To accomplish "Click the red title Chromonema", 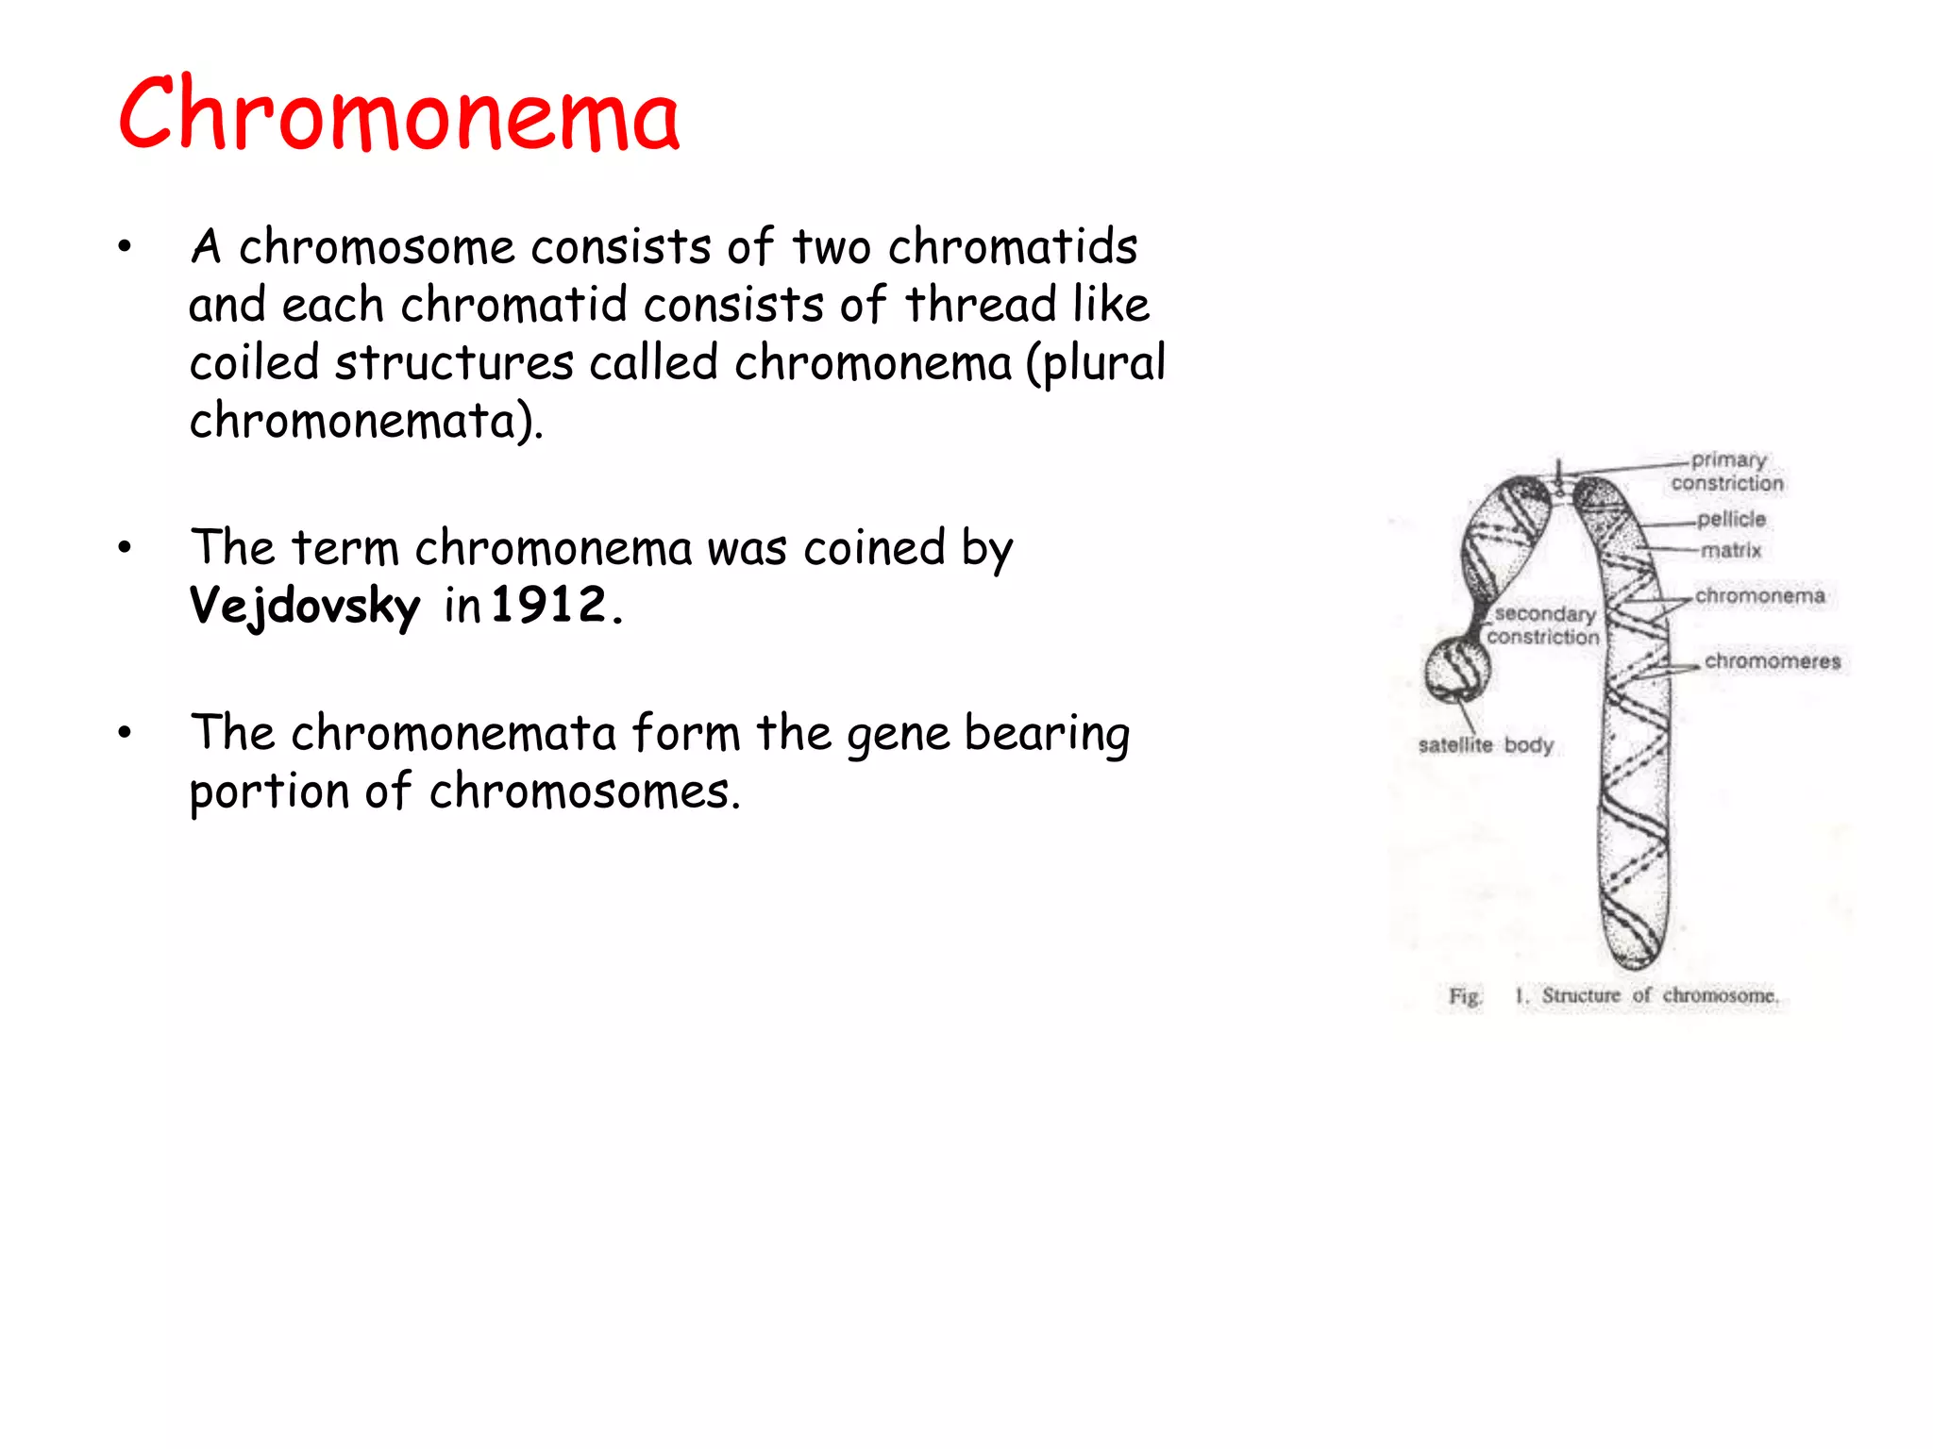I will click(x=398, y=115).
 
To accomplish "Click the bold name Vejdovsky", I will click(x=304, y=606).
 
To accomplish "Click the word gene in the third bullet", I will click(x=898, y=735).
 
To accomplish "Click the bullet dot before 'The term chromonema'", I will click(x=125, y=548).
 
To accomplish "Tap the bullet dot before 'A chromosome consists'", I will click(x=125, y=248).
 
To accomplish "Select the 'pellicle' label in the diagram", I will click(x=1731, y=519).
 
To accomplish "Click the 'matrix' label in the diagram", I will click(x=1731, y=550).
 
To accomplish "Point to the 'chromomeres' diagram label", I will click(x=1772, y=661).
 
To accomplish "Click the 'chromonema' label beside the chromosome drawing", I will click(x=1759, y=596).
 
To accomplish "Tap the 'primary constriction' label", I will click(x=1727, y=472).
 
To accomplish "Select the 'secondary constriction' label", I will click(x=1544, y=625).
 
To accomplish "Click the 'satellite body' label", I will click(x=1485, y=745).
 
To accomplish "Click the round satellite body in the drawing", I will click(x=1457, y=670).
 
